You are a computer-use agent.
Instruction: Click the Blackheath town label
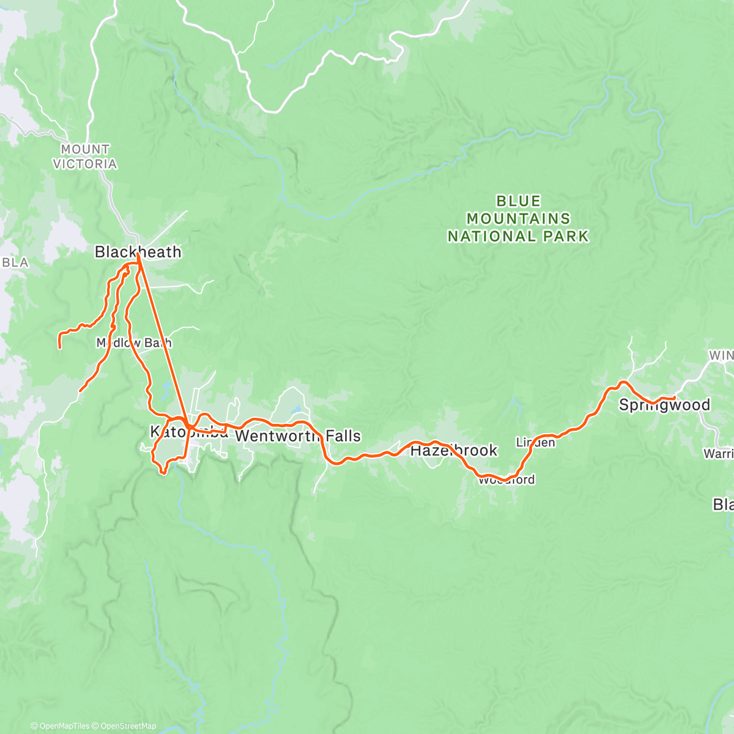[138, 252]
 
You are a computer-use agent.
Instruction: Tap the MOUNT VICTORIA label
[85, 157]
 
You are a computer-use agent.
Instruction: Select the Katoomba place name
[189, 432]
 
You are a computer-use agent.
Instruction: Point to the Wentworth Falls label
[298, 436]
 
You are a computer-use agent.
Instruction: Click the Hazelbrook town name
[453, 451]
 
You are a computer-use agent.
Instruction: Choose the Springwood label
[664, 405]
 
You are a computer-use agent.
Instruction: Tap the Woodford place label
[506, 480]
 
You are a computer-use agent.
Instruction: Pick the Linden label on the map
[535, 442]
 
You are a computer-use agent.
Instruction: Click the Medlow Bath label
[134, 343]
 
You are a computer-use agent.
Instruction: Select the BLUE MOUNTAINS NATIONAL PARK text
[518, 218]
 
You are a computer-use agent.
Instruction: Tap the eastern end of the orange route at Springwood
[674, 398]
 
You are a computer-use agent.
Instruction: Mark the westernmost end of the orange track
[59, 347]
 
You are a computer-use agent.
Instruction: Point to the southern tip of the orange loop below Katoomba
[163, 472]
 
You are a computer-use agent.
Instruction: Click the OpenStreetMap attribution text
[128, 726]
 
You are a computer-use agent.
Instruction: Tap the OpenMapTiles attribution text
[63, 726]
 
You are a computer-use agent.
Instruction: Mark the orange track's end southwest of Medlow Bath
[81, 390]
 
